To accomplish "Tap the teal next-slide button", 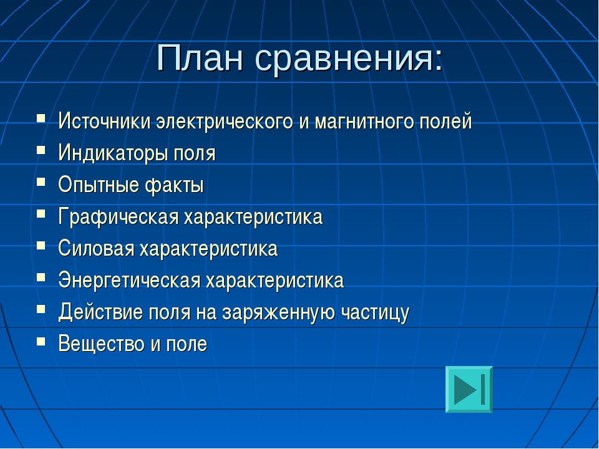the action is [x=469, y=389].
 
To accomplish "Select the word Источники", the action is [x=104, y=121].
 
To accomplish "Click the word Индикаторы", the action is [x=113, y=153].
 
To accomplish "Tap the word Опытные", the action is [x=98, y=185].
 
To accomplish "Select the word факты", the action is [x=174, y=185].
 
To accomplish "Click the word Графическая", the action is [x=119, y=216].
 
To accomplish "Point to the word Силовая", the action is [x=96, y=248].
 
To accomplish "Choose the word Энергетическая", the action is [x=129, y=280].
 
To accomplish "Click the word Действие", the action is [x=100, y=312].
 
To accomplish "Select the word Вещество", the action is [x=101, y=344].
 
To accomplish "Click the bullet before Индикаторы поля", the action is [x=41, y=149].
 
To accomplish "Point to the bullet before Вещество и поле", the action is [x=41, y=340].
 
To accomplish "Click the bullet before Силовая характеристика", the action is [x=41, y=244].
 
